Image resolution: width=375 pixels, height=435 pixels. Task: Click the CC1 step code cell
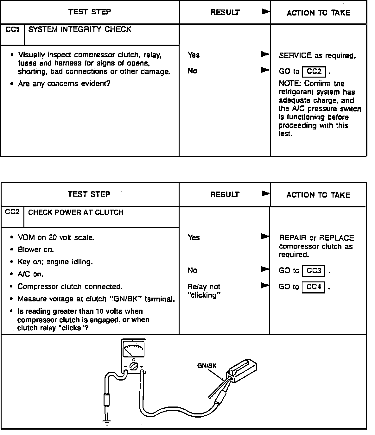pos(12,30)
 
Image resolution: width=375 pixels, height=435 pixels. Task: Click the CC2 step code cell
pos(12,212)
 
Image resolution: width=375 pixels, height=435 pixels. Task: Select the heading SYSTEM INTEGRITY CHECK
pos(80,29)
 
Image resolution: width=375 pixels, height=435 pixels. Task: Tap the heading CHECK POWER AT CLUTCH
pos(76,212)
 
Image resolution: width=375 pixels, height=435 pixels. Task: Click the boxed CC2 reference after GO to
pos(314,72)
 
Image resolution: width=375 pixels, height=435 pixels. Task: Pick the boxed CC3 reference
pos(314,271)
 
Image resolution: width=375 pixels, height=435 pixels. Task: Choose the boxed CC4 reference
pos(314,287)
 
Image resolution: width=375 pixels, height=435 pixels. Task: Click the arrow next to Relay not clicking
pos(265,286)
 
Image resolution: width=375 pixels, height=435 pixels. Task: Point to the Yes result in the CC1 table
pos(194,55)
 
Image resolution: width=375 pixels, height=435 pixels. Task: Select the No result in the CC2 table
pos(192,270)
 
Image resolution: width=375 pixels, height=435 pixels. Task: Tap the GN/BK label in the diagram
pos(207,366)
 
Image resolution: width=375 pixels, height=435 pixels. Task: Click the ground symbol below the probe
pos(107,422)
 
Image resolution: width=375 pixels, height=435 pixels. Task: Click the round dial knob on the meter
pos(134,367)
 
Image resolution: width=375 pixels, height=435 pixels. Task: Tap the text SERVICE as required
pos(317,56)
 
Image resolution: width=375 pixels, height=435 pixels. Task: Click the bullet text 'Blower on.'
pos(36,250)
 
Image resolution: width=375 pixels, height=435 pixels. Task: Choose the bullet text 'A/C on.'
pos(30,274)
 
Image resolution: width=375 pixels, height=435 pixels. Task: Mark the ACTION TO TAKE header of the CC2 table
pos(318,195)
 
